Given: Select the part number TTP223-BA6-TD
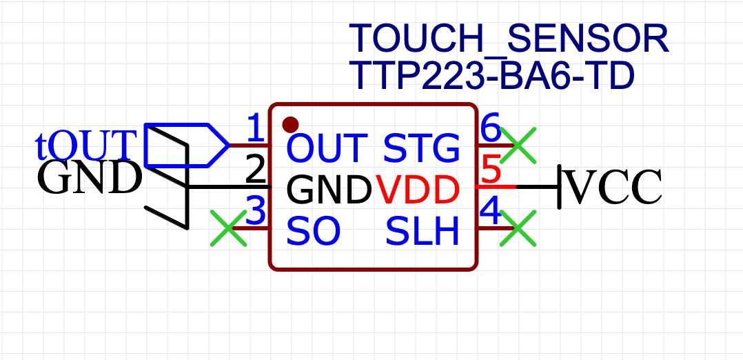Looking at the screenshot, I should [x=491, y=76].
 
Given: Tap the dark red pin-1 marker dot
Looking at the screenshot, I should [x=291, y=125].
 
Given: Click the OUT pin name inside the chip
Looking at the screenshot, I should [x=326, y=148].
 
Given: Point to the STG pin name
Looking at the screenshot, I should [x=421, y=148].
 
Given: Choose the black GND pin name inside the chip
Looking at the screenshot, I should [x=328, y=189].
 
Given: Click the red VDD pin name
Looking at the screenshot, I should [x=418, y=189].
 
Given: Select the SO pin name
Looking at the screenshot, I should [x=314, y=232].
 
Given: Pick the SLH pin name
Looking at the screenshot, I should [x=422, y=232].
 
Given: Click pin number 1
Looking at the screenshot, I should [x=255, y=128].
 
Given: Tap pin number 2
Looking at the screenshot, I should [x=256, y=170].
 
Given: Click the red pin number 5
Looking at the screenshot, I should [x=490, y=170].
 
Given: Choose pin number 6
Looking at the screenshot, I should [x=490, y=128].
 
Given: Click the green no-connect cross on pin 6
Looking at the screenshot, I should [x=517, y=146].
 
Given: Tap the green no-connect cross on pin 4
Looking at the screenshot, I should [x=517, y=228].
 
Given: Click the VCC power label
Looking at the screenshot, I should [x=613, y=187].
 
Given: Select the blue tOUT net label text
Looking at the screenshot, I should [x=83, y=145].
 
